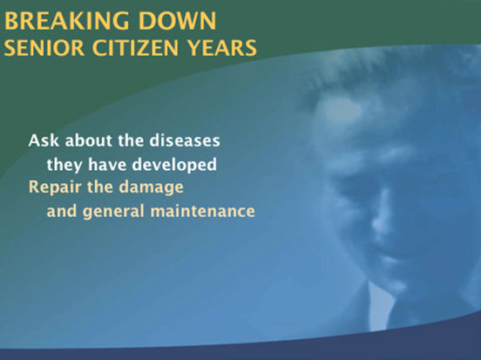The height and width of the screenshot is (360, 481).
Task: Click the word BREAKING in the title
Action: (66, 21)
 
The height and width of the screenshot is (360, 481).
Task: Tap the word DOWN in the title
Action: (177, 21)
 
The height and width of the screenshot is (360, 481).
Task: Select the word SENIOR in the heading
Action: (44, 48)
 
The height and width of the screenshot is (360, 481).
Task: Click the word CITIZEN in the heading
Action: (135, 48)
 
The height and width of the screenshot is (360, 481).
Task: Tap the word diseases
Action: (185, 140)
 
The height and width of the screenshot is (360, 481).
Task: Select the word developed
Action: (174, 166)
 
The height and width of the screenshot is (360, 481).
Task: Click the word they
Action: (64, 166)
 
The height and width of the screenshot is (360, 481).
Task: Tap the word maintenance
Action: (203, 212)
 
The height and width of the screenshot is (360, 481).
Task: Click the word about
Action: (89, 140)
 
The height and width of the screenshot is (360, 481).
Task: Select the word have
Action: (107, 165)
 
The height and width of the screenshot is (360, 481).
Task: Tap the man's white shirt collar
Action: (381, 307)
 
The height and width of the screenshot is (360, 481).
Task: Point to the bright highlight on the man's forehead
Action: (341, 110)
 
